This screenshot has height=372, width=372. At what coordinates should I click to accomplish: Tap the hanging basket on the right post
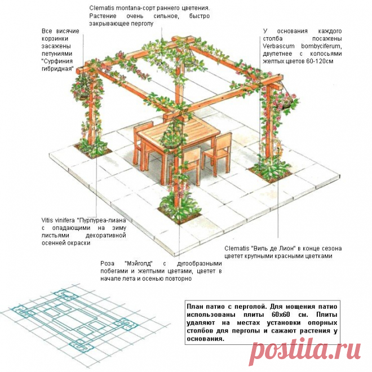(290, 101)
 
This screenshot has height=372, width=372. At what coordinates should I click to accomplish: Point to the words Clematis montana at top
(115, 8)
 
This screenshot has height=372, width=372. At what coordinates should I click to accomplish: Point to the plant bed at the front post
(179, 207)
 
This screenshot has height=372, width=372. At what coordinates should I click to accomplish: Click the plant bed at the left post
(92, 148)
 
